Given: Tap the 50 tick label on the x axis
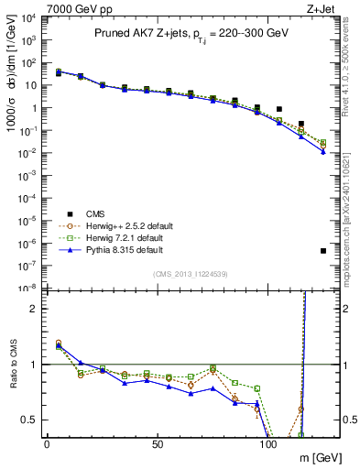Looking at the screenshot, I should coord(158,443).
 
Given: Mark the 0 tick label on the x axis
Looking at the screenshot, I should coord(47,443).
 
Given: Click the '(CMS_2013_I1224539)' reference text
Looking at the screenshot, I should coord(190,273).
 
